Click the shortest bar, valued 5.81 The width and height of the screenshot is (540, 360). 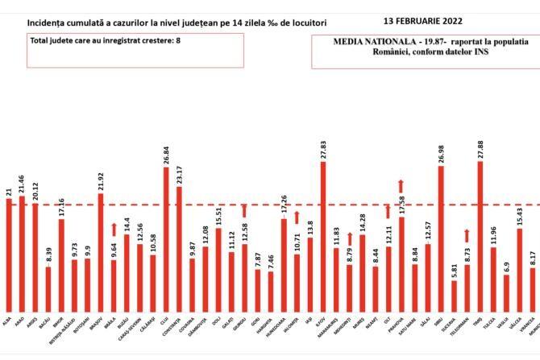point(455,295)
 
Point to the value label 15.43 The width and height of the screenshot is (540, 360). point(520,217)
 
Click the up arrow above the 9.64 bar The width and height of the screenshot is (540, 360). point(114,230)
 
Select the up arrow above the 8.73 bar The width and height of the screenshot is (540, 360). point(467,235)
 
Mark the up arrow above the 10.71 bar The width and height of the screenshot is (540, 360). point(297,217)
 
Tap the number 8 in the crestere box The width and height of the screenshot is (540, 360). point(178,39)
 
